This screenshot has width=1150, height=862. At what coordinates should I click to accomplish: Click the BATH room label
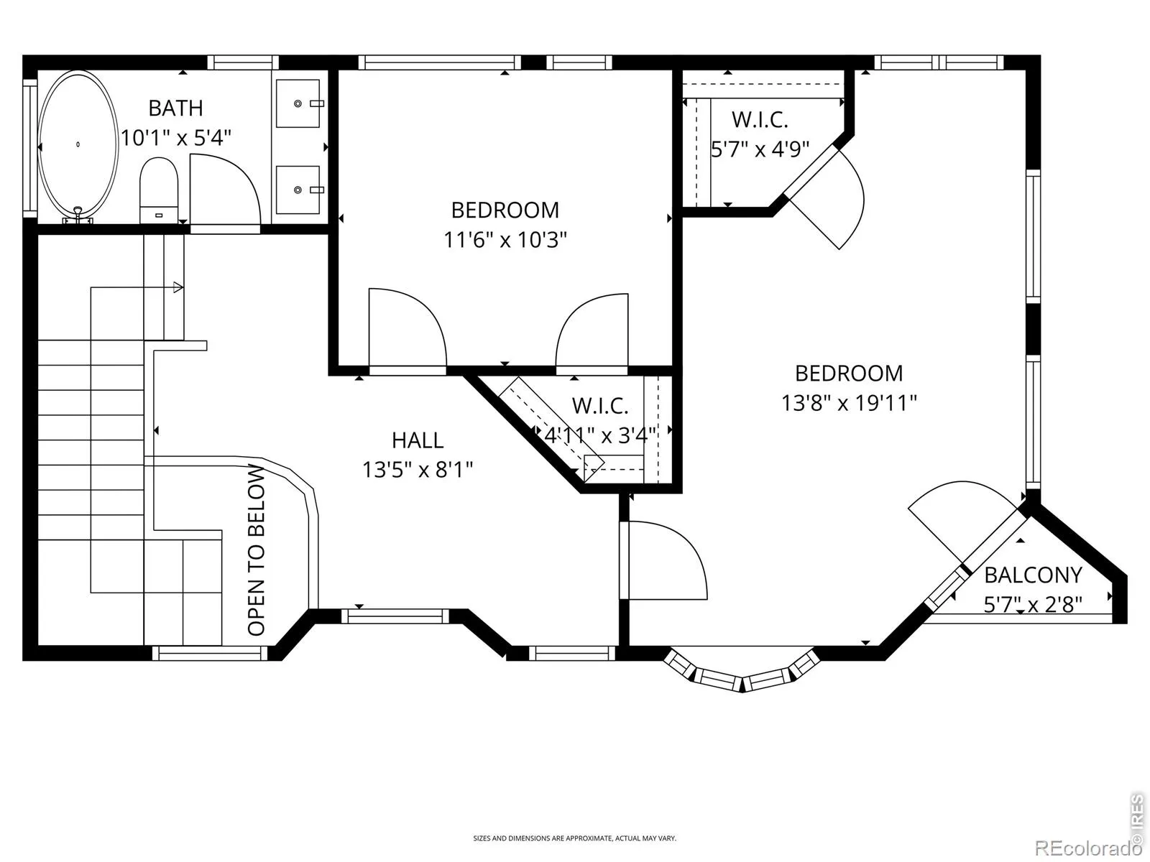click(x=175, y=108)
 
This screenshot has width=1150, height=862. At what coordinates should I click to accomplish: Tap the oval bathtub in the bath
click(x=78, y=144)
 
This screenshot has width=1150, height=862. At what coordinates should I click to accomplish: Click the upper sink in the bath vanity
click(x=298, y=103)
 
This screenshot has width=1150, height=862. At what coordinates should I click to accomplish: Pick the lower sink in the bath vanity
click(x=298, y=190)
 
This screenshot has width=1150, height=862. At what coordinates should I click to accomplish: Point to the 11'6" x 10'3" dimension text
click(x=505, y=240)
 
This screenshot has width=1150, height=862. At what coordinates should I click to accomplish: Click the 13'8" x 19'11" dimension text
click(x=849, y=404)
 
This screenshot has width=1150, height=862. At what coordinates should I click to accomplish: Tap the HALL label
click(x=418, y=440)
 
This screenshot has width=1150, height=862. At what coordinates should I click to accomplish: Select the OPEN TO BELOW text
click(x=256, y=550)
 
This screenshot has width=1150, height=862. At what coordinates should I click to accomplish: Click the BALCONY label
click(x=1033, y=575)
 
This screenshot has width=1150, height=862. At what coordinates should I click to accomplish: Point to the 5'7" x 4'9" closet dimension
click(x=760, y=149)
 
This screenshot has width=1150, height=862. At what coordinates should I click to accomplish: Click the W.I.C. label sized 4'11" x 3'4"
click(x=600, y=406)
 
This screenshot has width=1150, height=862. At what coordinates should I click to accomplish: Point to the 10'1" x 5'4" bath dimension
click(x=176, y=138)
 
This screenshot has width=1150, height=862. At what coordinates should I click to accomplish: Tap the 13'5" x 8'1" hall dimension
click(x=418, y=470)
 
